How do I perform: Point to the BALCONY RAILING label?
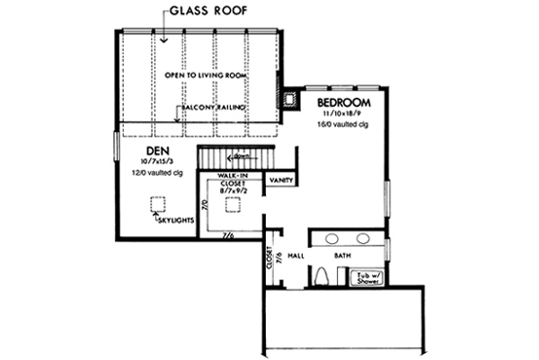click(x=212, y=106)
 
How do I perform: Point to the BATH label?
click(x=342, y=256)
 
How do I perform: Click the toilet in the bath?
click(x=324, y=277)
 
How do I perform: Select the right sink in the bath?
click(x=364, y=239)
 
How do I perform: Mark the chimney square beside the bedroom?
click(x=290, y=99)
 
